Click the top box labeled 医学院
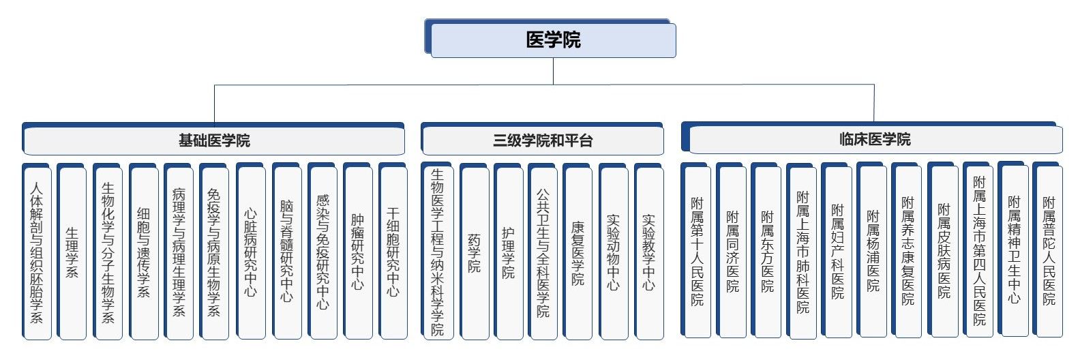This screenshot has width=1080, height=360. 552,40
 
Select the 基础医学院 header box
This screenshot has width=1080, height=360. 214,140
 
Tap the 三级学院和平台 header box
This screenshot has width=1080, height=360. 543,140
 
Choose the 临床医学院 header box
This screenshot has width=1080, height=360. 875,140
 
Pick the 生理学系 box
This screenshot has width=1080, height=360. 72,252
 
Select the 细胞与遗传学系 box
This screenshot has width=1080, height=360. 143,252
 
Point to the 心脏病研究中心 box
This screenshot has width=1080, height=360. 251,252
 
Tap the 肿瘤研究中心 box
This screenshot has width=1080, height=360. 358,252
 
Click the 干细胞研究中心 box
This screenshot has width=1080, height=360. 393,252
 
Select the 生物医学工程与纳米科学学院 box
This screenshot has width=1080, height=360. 437,252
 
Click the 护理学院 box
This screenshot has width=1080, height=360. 509,252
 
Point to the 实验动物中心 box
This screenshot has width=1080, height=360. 614,252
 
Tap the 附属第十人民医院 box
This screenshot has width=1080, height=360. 697,251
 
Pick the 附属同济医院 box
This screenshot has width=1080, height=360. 732,251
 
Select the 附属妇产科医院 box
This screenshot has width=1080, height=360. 837,251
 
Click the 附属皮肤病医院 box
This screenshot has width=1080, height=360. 944,251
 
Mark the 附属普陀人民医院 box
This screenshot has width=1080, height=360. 1049,251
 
